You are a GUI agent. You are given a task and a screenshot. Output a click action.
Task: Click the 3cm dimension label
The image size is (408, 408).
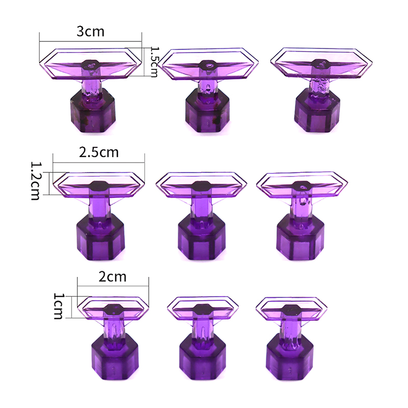pos(90,32)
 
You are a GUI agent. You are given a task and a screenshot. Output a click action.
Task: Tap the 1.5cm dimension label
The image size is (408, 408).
pos(154,62)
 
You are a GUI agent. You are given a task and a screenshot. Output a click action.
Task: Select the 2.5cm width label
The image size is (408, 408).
pos(99,152)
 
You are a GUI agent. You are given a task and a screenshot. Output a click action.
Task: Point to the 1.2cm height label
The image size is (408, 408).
pos(35,181)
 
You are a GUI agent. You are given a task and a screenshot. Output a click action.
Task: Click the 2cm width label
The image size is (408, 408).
pos(112,276)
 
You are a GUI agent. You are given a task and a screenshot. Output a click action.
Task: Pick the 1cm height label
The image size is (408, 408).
pos(59,306)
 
